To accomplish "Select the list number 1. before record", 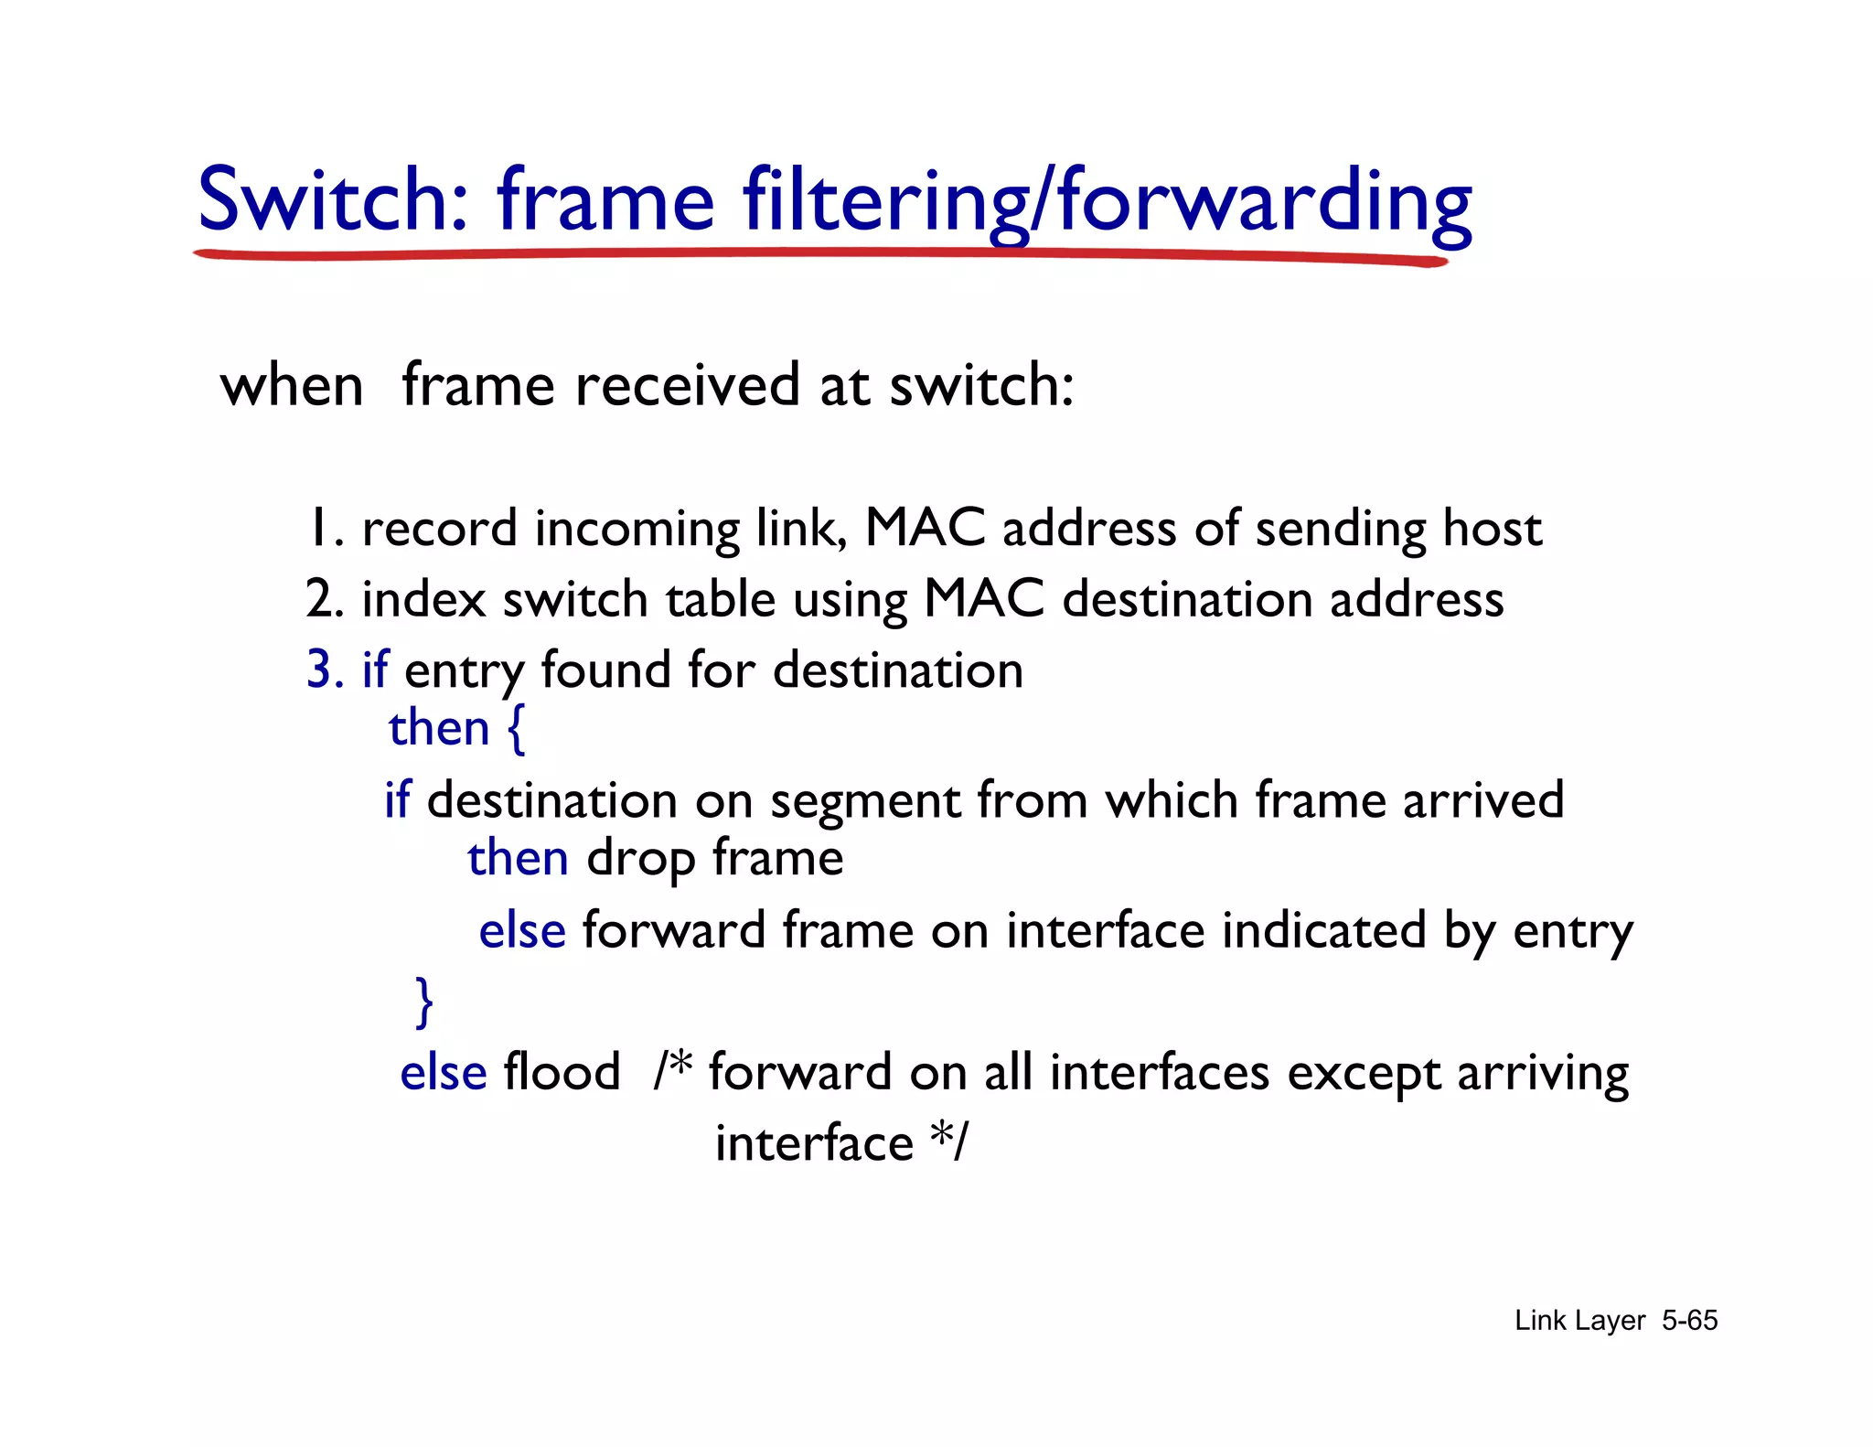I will pos(326,529).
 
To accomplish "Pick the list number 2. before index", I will pos(325,600).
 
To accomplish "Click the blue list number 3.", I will pos(325,670).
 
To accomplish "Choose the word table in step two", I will pos(721,600).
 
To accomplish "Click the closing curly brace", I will pos(424,1002).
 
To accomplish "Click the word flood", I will pos(562,1072).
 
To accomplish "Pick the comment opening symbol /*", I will pos(673,1070).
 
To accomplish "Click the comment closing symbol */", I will pos(948,1142).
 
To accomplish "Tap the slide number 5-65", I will pos(1689,1321).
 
